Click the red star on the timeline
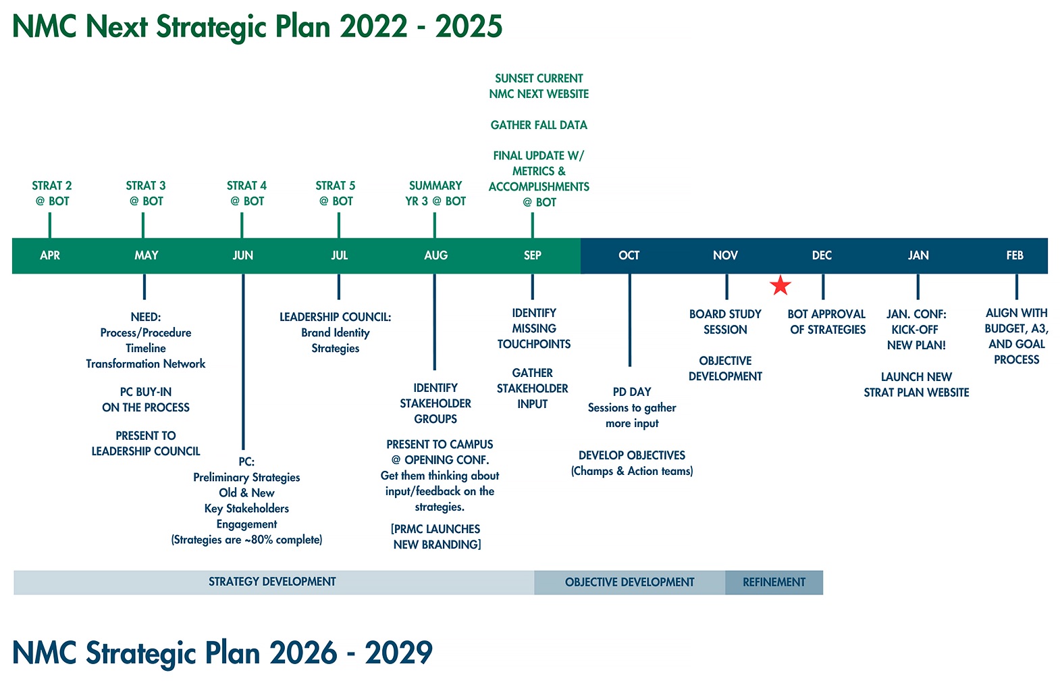click(780, 286)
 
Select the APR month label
click(50, 255)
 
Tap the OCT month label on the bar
click(629, 255)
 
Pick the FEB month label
click(1014, 255)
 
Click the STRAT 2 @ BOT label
click(52, 193)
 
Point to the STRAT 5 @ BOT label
click(336, 193)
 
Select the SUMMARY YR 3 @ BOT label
click(435, 193)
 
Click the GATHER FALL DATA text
click(539, 125)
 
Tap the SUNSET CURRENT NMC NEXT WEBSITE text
click(539, 86)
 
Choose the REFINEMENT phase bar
click(774, 582)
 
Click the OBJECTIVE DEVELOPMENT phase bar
click(629, 582)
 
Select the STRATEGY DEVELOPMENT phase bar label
click(272, 582)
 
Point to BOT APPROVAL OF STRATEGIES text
click(827, 322)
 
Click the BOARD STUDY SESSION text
click(725, 322)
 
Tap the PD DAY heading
click(632, 392)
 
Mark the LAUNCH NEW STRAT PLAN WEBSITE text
click(916, 384)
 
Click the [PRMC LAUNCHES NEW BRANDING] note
click(437, 536)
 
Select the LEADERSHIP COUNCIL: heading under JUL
click(336, 317)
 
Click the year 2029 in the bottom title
click(398, 653)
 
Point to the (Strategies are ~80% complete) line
click(246, 540)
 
